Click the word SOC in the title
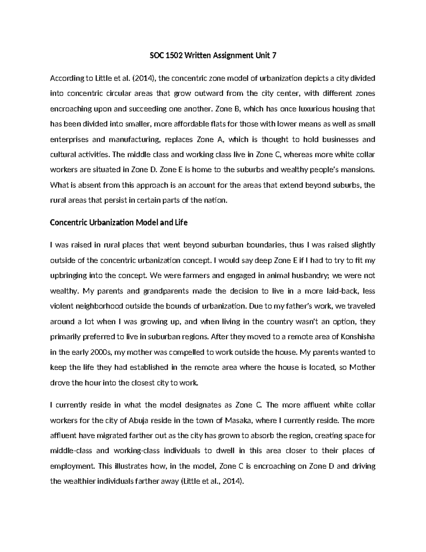(x=153, y=55)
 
